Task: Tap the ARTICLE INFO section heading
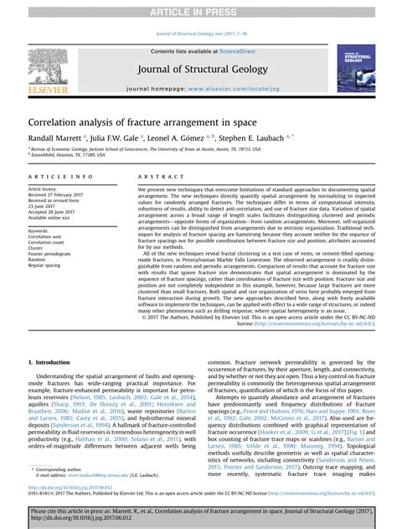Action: point(61,177)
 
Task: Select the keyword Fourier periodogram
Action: point(52,254)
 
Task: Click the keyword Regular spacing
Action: point(48,266)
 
